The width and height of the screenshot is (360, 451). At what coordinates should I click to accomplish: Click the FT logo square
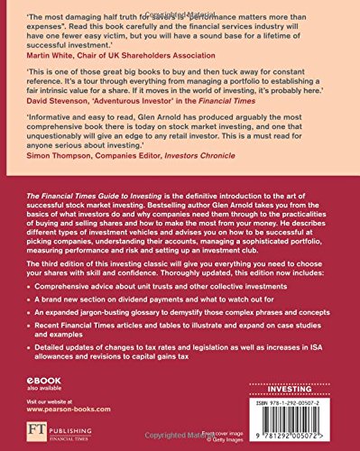32,428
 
